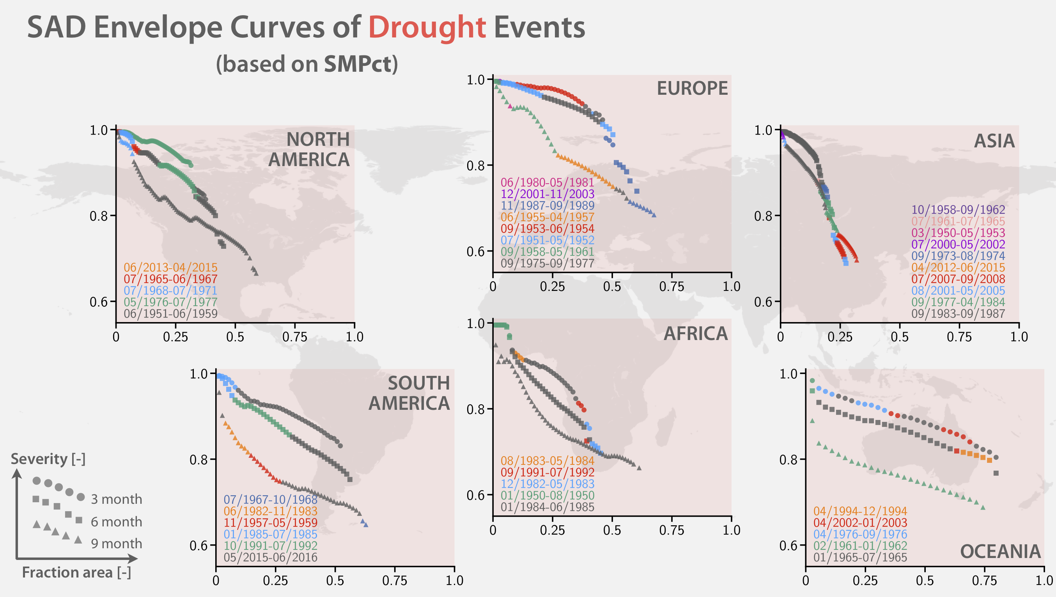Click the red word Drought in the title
[427, 27]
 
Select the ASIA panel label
[994, 141]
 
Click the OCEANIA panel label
[1000, 551]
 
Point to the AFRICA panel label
[695, 334]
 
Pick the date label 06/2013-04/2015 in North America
[170, 267]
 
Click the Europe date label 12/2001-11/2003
[547, 194]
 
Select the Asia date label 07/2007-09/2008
[958, 279]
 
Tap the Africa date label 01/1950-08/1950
[547, 495]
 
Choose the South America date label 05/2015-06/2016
[270, 557]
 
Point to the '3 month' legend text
[117, 500]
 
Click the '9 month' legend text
[117, 544]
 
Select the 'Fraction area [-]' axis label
[76, 572]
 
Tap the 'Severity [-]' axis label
[48, 459]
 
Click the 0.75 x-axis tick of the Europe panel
[672, 287]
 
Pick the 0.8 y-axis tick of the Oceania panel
[788, 460]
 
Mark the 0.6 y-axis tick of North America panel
[98, 302]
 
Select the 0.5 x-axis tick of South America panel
[335, 581]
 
